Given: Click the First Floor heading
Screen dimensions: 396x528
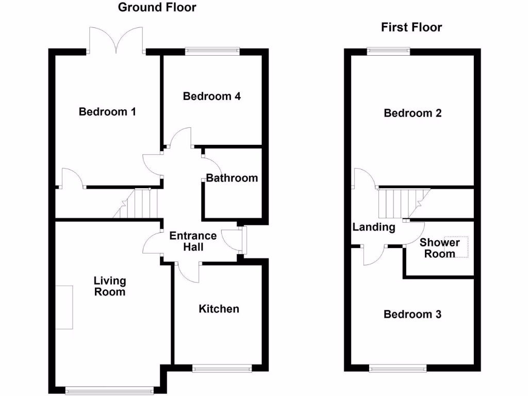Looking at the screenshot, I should [411, 27].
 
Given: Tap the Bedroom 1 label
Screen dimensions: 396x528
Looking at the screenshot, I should [107, 111].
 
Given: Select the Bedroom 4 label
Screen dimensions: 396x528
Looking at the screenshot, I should [212, 96].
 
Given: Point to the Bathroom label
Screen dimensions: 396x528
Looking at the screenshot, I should [232, 178].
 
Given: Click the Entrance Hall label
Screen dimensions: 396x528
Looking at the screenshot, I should [193, 241].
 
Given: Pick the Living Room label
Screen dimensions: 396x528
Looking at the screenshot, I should [109, 286].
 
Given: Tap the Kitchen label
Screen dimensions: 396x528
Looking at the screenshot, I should [219, 309].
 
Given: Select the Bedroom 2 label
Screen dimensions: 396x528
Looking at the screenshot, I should [412, 113].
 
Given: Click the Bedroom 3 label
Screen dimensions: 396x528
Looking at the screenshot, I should [412, 314].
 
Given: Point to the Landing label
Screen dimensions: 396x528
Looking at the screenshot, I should [374, 227].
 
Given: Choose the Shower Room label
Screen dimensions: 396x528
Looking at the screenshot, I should [439, 248].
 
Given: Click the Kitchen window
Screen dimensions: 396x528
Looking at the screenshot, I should [222, 368].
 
